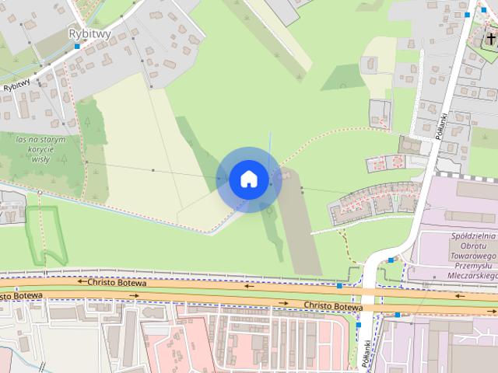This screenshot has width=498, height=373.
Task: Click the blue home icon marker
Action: click(x=248, y=179)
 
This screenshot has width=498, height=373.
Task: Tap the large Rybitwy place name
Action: click(x=90, y=33)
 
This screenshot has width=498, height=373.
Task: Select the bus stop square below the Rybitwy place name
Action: click(x=76, y=47)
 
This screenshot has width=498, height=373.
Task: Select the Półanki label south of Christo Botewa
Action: click(x=366, y=341)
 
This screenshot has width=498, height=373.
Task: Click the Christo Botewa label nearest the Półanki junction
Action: click(x=334, y=306)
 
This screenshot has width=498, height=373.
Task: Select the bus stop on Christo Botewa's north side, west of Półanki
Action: click(x=339, y=286)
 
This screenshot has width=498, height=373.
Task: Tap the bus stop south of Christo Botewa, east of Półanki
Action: click(x=397, y=315)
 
